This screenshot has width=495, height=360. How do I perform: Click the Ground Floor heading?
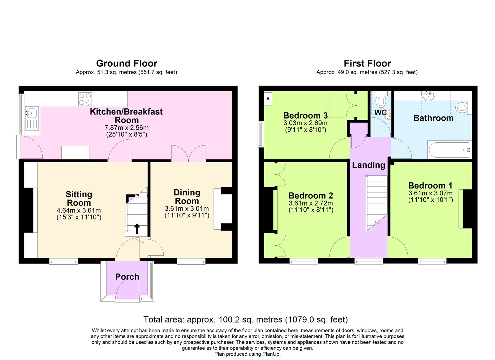127,63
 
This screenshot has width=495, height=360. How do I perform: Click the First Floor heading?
367,63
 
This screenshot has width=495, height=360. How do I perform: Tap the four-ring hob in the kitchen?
85,99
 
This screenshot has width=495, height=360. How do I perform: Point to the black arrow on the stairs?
137,229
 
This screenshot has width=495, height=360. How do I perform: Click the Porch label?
127,277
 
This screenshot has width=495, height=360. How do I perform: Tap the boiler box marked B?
268,99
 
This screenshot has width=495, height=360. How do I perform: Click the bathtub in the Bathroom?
449,150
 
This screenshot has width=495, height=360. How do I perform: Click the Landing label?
368,165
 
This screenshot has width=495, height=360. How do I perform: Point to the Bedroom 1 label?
430,185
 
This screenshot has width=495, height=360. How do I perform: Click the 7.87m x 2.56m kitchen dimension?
127,128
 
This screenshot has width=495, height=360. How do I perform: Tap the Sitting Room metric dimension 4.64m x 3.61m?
79,210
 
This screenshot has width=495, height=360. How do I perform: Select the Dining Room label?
187,197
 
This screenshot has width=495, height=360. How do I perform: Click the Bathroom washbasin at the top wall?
429,96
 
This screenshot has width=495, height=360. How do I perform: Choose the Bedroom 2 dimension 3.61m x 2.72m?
311,203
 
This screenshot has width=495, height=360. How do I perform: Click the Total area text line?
245,319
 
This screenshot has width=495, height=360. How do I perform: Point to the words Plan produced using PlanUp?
247,354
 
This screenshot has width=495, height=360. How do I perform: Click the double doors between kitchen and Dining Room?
188,153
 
